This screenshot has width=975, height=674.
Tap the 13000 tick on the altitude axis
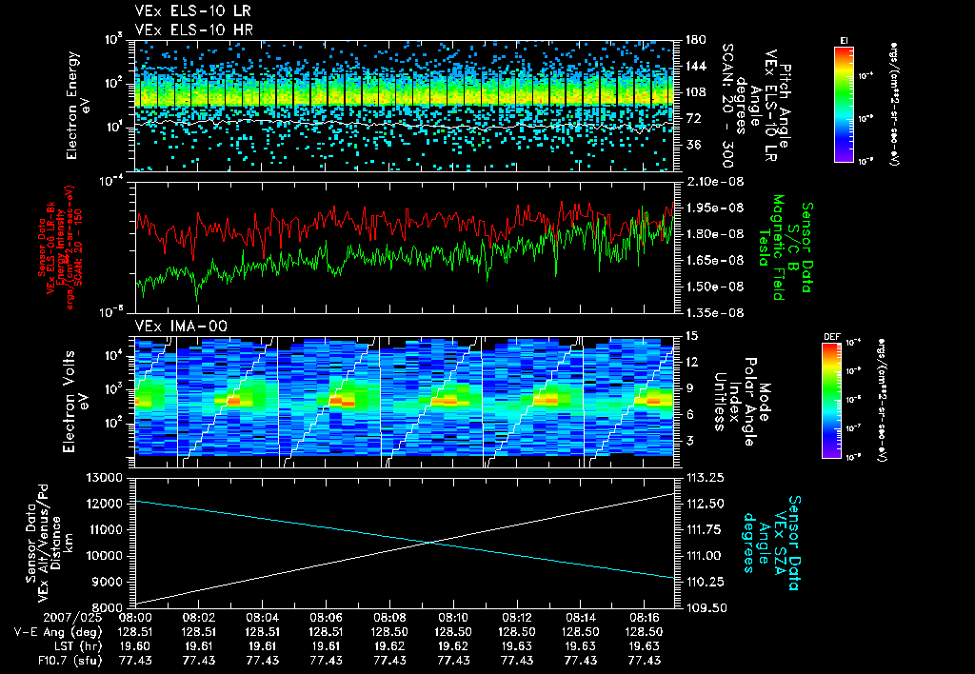pos(106,477)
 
